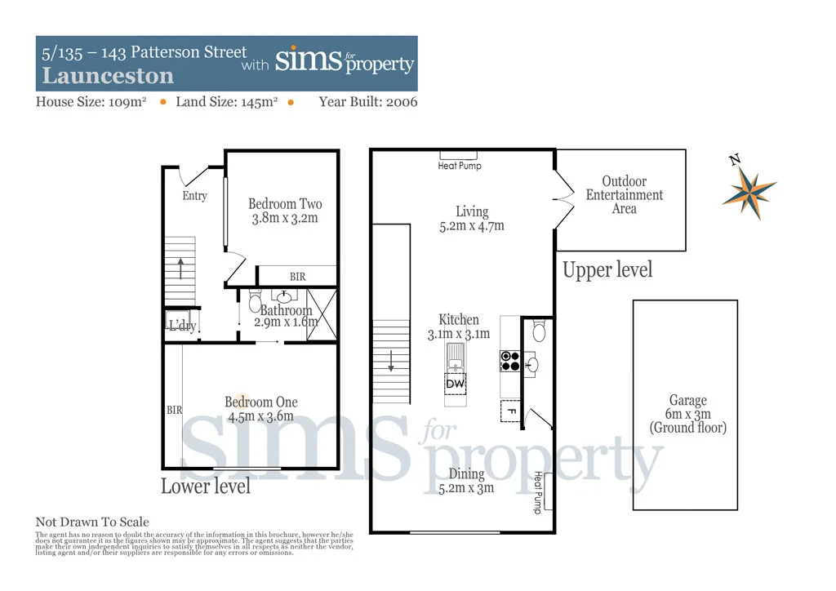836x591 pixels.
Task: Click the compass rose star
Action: [749, 193]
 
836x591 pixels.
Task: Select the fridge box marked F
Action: [510, 411]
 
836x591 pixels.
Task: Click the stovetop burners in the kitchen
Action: [510, 361]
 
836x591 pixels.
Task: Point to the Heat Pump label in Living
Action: [460, 166]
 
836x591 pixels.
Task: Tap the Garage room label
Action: [687, 401]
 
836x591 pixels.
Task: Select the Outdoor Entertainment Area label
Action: [625, 195]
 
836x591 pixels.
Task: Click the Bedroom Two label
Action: [285, 204]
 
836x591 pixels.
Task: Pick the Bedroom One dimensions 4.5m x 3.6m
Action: [260, 416]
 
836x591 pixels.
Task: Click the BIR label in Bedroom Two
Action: [298, 277]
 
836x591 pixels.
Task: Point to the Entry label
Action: [194, 196]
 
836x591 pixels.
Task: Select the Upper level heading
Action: [607, 270]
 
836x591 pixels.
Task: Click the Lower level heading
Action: [206, 487]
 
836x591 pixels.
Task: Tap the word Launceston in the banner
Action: [108, 77]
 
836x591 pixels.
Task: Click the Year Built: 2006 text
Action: [367, 102]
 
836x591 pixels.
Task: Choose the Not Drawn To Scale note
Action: [92, 522]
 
